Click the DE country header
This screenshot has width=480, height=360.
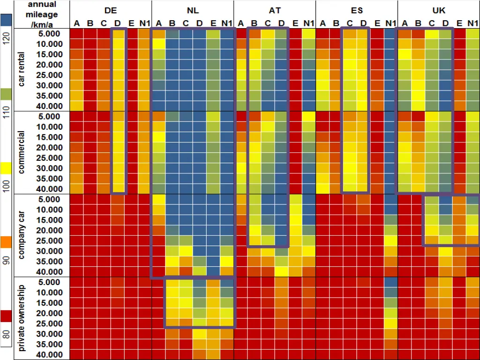click(111, 10)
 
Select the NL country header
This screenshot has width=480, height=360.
click(193, 10)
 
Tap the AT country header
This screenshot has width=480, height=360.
click(275, 10)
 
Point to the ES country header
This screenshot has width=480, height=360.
click(357, 10)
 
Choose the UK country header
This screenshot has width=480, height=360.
click(439, 10)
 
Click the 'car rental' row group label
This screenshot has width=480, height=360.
click(22, 69)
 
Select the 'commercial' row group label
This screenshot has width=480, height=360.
click(22, 152)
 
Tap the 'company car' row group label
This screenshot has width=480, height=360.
click(22, 235)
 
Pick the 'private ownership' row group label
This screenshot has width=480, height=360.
click(22, 318)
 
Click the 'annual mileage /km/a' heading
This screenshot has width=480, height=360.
click(42, 15)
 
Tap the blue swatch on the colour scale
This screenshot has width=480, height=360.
click(6, 20)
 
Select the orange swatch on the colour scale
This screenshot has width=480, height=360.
click(6, 242)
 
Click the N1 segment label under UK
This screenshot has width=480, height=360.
click(472, 23)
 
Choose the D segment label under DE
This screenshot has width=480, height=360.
click(118, 23)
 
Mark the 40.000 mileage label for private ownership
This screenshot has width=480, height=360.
click(49, 355)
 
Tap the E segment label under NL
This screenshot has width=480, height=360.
click(213, 23)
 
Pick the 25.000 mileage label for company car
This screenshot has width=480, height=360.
click(49, 241)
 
